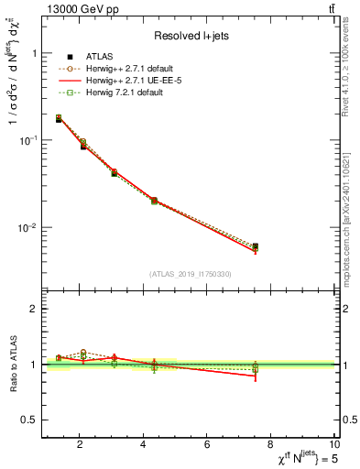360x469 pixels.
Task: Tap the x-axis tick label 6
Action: pyautogui.click(x=207, y=445)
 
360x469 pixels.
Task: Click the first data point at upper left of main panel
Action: pyautogui.click(x=59, y=119)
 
